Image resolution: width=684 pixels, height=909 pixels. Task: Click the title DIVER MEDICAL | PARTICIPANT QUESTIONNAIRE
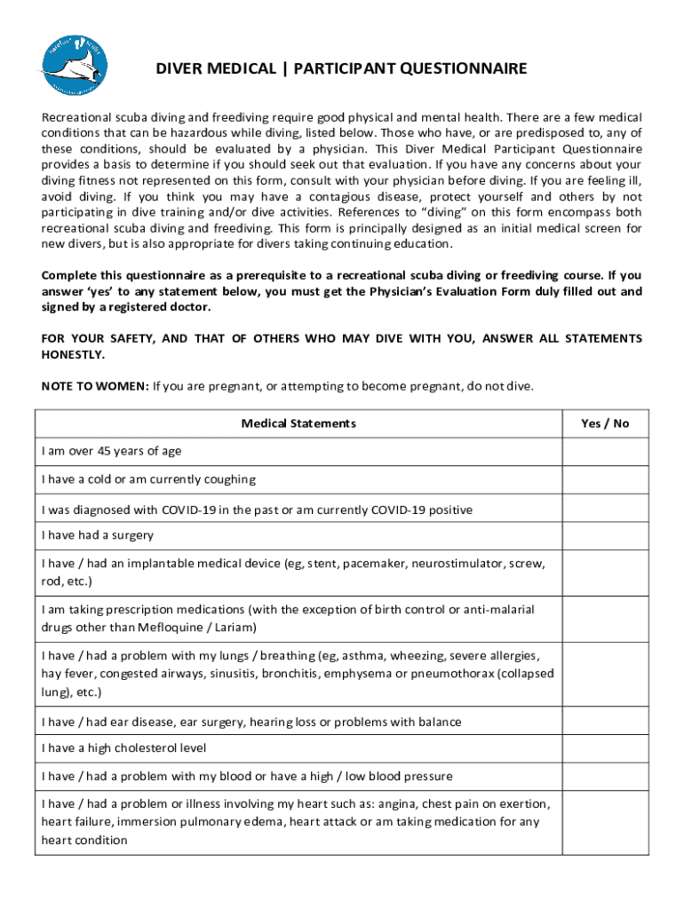coord(342,68)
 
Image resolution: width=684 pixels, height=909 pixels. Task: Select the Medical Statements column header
coord(298,423)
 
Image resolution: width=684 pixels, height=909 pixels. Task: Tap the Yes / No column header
coord(604,423)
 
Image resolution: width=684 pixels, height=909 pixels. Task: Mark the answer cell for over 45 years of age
coord(604,451)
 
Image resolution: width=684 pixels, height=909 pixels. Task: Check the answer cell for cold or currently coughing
coord(604,479)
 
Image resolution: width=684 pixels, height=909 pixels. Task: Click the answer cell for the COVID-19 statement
coord(604,510)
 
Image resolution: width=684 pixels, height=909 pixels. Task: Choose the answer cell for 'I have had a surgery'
coord(604,535)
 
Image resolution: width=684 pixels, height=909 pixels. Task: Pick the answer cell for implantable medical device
coord(604,573)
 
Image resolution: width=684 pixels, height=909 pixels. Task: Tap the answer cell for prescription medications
coord(604,619)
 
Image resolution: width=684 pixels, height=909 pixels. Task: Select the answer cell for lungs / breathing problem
coord(604,674)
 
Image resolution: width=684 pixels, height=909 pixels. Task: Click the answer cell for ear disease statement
coord(604,722)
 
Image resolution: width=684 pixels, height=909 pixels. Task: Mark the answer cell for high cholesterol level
coord(604,748)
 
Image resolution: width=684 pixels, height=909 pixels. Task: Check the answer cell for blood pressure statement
coord(604,776)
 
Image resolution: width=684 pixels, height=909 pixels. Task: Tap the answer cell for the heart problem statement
coord(604,822)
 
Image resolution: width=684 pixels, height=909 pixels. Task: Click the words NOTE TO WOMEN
coord(95,386)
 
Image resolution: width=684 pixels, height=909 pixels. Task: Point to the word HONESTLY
coord(73,354)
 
